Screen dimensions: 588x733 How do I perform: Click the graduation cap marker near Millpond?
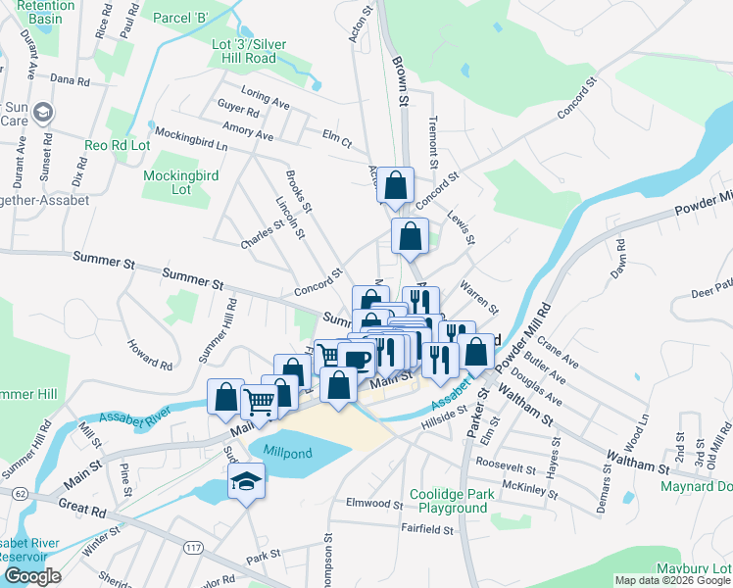(242, 480)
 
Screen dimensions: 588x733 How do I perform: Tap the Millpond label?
(295, 451)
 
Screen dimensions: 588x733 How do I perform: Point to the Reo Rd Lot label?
(118, 145)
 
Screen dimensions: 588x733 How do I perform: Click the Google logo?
(31, 576)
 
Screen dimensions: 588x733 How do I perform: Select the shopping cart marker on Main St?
(259, 400)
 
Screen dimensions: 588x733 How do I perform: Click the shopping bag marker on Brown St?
(395, 184)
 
